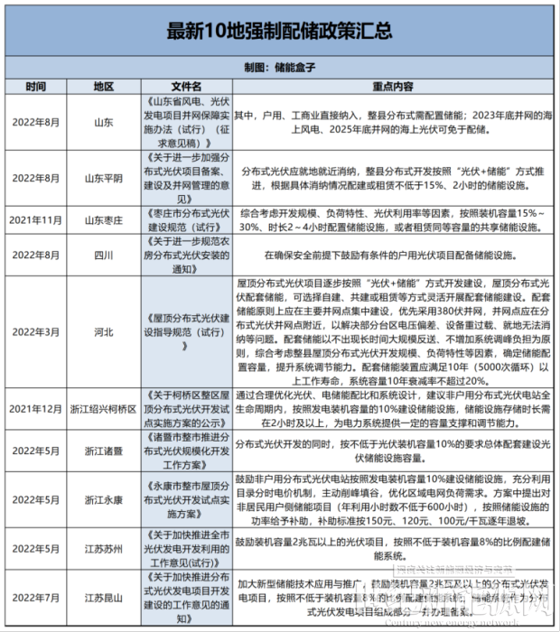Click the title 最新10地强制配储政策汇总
click(280, 31)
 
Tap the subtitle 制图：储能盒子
click(280, 68)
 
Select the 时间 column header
click(36, 87)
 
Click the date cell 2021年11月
click(36, 219)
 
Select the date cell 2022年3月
click(36, 332)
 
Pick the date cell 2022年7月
click(36, 598)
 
